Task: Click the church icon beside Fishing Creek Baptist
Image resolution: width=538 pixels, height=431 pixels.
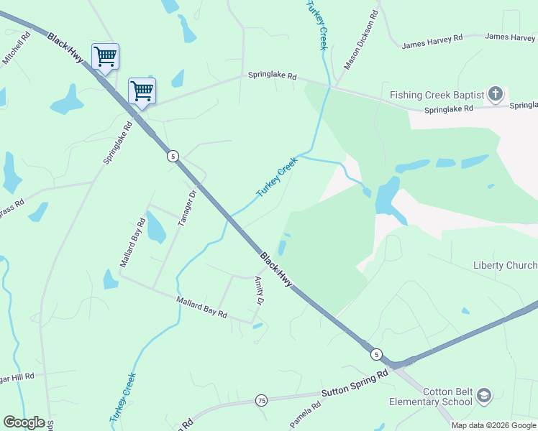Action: pos(496,94)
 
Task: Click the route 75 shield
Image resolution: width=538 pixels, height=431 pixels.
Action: pos(261,400)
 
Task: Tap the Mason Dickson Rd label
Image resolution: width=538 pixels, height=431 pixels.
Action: pos(361,40)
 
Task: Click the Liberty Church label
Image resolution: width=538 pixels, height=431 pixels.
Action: pos(505,266)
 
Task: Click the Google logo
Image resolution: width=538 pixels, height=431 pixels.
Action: pos(24,422)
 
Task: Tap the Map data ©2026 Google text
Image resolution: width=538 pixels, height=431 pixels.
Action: pos(493,425)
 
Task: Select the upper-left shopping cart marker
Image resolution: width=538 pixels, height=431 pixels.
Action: pos(105,56)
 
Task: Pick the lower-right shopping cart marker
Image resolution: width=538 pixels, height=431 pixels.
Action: pos(142,91)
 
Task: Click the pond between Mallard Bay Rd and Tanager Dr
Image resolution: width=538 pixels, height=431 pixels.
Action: pos(155,228)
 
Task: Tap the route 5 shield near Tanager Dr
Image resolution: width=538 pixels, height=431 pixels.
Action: pos(173,156)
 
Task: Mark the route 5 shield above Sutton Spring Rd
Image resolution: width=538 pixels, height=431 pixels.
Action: pos(375,354)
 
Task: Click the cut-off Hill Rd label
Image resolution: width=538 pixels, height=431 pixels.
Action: pos(17,376)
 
